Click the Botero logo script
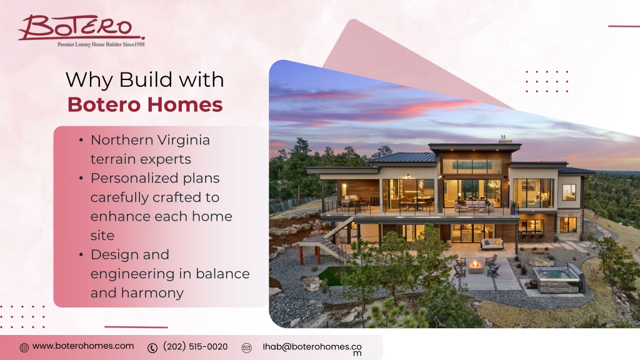81,27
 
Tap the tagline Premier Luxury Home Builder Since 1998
101,44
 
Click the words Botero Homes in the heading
145,104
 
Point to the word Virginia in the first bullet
184,140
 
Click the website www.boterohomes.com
83,346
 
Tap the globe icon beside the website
24,347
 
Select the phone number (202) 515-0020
195,346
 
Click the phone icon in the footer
152,347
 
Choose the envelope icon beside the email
246,347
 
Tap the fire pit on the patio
476,266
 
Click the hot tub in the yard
557,278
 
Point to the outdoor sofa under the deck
492,244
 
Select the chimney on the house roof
504,139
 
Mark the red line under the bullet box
136,327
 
